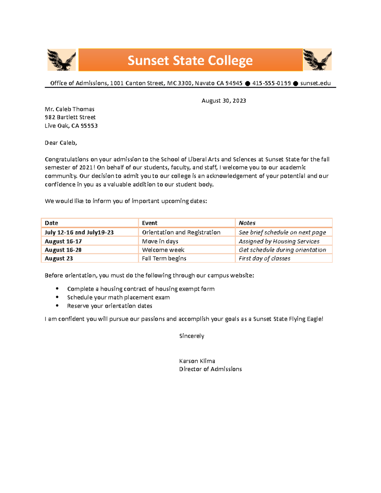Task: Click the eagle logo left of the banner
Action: point(61,60)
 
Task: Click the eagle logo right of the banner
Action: point(317,59)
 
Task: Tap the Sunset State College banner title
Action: point(190,60)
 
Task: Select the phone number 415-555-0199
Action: point(271,83)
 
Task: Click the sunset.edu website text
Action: point(315,83)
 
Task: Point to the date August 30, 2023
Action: point(224,101)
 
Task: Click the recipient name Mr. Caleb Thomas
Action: point(70,109)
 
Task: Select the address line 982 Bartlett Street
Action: point(70,117)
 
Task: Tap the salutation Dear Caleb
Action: point(61,143)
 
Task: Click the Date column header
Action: point(51,223)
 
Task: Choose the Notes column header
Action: point(247,223)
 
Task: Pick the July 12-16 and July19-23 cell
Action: point(79,232)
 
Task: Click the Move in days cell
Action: point(160,241)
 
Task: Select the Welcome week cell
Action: point(163,250)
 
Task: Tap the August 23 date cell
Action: point(59,258)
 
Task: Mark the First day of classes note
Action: point(264,258)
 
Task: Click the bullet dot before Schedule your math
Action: point(57,297)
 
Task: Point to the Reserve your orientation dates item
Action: point(110,306)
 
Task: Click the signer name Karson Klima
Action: point(197,361)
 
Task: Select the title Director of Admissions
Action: point(210,369)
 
